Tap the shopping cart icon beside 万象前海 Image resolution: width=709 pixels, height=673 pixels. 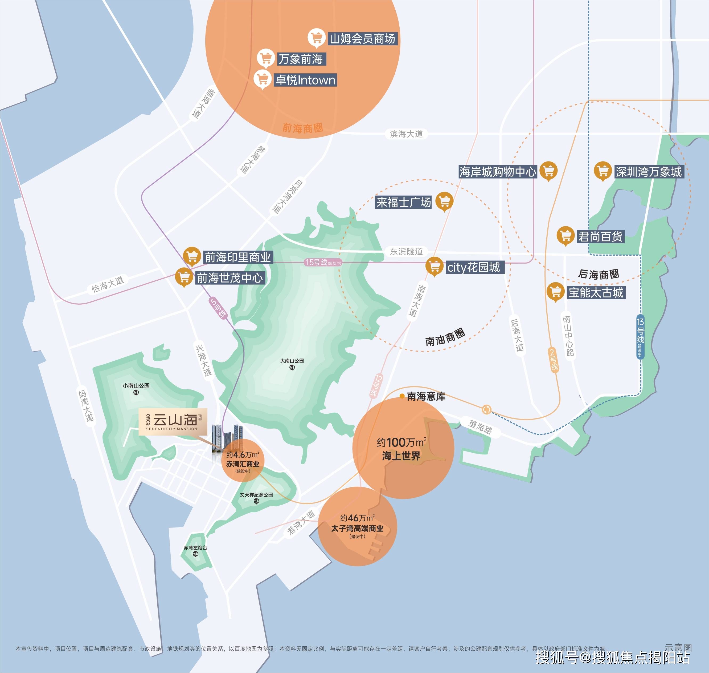coord(266,58)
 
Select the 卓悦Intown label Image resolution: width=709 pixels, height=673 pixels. coord(305,80)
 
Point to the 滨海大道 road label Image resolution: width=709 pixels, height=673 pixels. coord(406,134)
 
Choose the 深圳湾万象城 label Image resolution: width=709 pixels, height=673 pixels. coord(649,172)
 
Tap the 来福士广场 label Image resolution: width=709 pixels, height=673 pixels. coord(403,202)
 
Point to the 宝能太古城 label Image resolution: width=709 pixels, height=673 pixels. coord(596,293)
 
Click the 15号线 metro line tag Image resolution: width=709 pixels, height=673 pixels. coord(323,263)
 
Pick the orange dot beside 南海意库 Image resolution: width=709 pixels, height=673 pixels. coord(402,396)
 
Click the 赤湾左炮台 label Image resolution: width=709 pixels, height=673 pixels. coord(195,548)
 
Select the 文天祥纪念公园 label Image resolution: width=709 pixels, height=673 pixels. coord(256,495)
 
